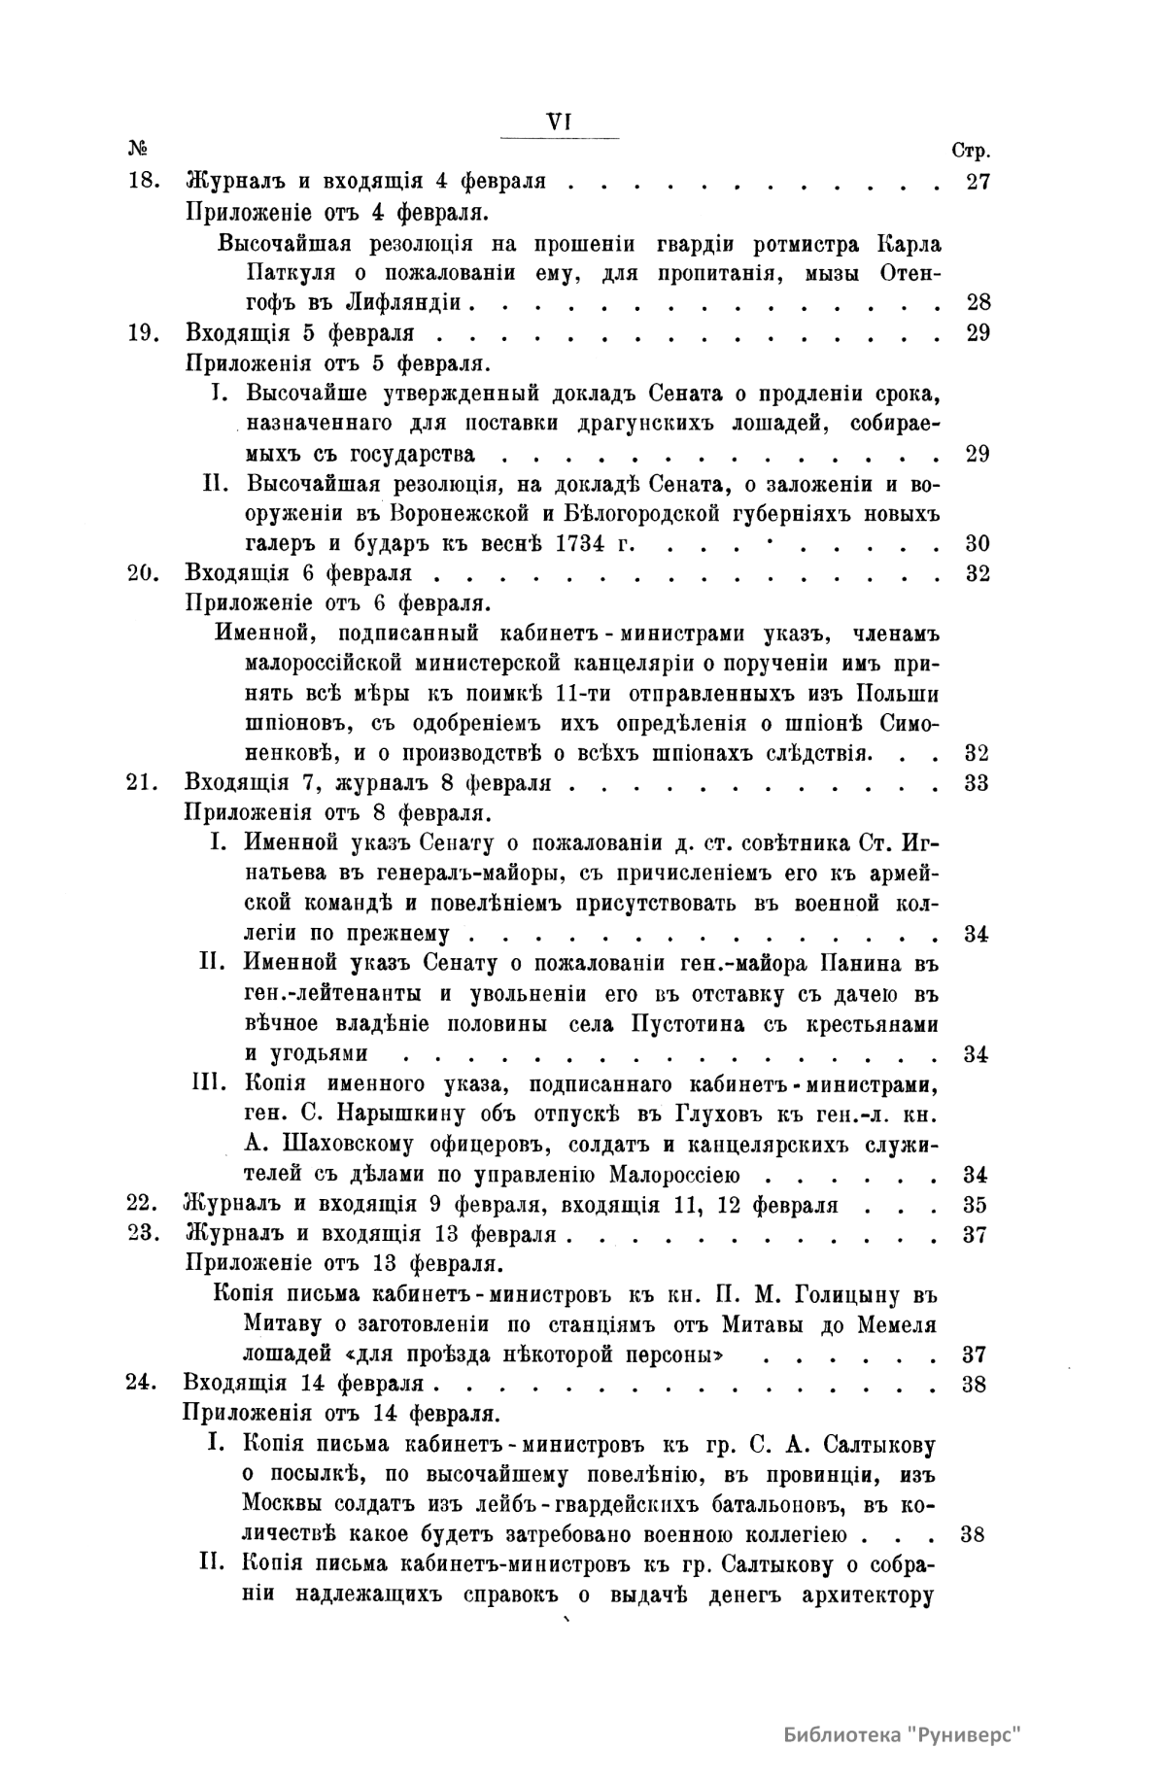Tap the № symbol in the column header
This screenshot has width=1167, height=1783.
(137, 150)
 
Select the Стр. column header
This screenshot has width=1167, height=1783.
(970, 152)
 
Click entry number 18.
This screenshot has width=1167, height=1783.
(144, 182)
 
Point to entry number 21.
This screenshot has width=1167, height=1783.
(144, 783)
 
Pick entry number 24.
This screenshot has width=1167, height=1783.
(144, 1385)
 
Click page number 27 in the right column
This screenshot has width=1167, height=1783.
(977, 182)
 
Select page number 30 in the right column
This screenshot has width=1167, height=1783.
(977, 542)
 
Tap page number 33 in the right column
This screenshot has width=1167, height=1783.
(977, 783)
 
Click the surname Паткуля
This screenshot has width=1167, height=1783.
(282, 272)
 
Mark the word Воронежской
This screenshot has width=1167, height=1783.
(460, 512)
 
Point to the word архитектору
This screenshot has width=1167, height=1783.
(864, 1595)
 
